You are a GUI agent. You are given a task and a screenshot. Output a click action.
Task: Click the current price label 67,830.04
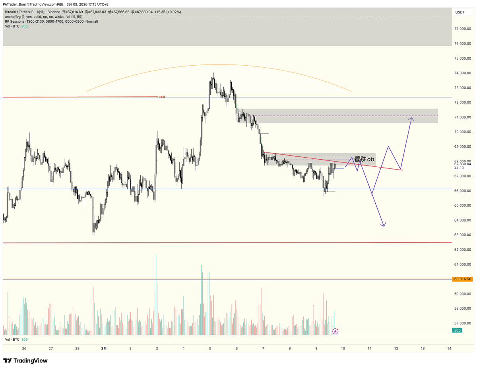pyautogui.click(x=463, y=164)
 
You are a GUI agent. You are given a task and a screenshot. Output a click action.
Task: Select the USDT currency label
pyautogui.click(x=460, y=12)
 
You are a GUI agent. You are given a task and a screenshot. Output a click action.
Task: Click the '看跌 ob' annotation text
pyautogui.click(x=364, y=159)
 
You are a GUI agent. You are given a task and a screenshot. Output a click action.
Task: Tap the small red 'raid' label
pyautogui.click(x=162, y=97)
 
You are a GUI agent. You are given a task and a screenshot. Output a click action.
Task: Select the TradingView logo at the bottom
pyautogui.click(x=25, y=361)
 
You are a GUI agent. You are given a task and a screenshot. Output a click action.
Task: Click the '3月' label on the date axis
pyautogui.click(x=104, y=348)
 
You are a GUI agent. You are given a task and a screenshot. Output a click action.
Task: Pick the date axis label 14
pyautogui.click(x=449, y=348)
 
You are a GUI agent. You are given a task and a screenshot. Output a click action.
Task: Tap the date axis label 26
pyautogui.click(x=24, y=348)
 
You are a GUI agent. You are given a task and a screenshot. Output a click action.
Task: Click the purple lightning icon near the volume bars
pyautogui.click(x=335, y=331)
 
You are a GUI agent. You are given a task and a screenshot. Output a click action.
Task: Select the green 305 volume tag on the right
pyautogui.click(x=458, y=330)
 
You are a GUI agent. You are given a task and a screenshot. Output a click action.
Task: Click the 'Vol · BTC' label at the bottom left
pyautogui.click(x=12, y=340)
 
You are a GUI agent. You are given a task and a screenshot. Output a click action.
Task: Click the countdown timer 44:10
pyautogui.click(x=459, y=168)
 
